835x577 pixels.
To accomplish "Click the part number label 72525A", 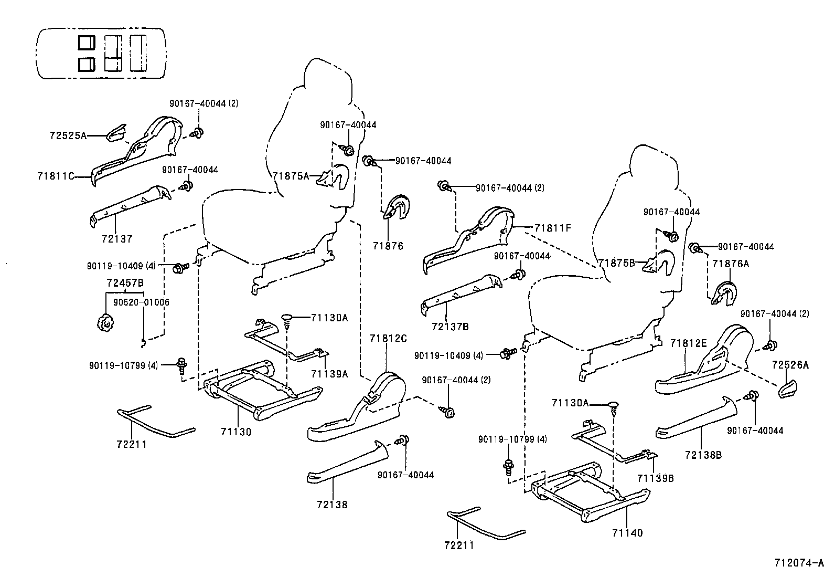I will point(68,135).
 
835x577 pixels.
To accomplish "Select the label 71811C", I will point(56,176).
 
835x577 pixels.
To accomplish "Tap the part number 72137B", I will point(450,327).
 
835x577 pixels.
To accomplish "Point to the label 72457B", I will point(125,283).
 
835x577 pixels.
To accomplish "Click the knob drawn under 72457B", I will point(105,321).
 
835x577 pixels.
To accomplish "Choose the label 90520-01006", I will point(141,302).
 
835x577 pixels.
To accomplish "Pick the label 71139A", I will point(329,374).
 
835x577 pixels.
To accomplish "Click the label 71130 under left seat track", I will point(236,432).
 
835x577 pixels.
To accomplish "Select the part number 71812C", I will point(388,338).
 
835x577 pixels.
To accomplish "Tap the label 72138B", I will point(703,455).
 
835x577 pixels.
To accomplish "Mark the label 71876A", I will point(731,264).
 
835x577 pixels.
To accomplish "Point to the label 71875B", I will point(616,263).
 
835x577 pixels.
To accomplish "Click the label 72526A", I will point(790,365).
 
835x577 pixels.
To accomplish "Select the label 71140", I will point(627,533).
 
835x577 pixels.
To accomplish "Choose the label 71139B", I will point(655,478).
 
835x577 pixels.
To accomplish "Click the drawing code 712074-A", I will point(799,563).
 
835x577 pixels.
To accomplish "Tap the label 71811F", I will point(552,228).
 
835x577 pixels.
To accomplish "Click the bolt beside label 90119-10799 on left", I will point(182,364).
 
